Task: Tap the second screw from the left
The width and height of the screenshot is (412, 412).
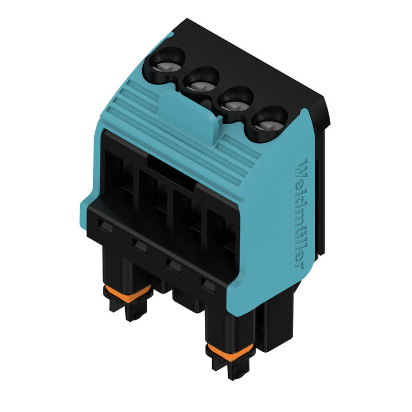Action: coord(199,81)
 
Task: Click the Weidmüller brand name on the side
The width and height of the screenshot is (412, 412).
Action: coord(304,214)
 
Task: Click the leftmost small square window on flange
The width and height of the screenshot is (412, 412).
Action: coord(106,225)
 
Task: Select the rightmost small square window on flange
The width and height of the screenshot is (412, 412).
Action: coord(207,284)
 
